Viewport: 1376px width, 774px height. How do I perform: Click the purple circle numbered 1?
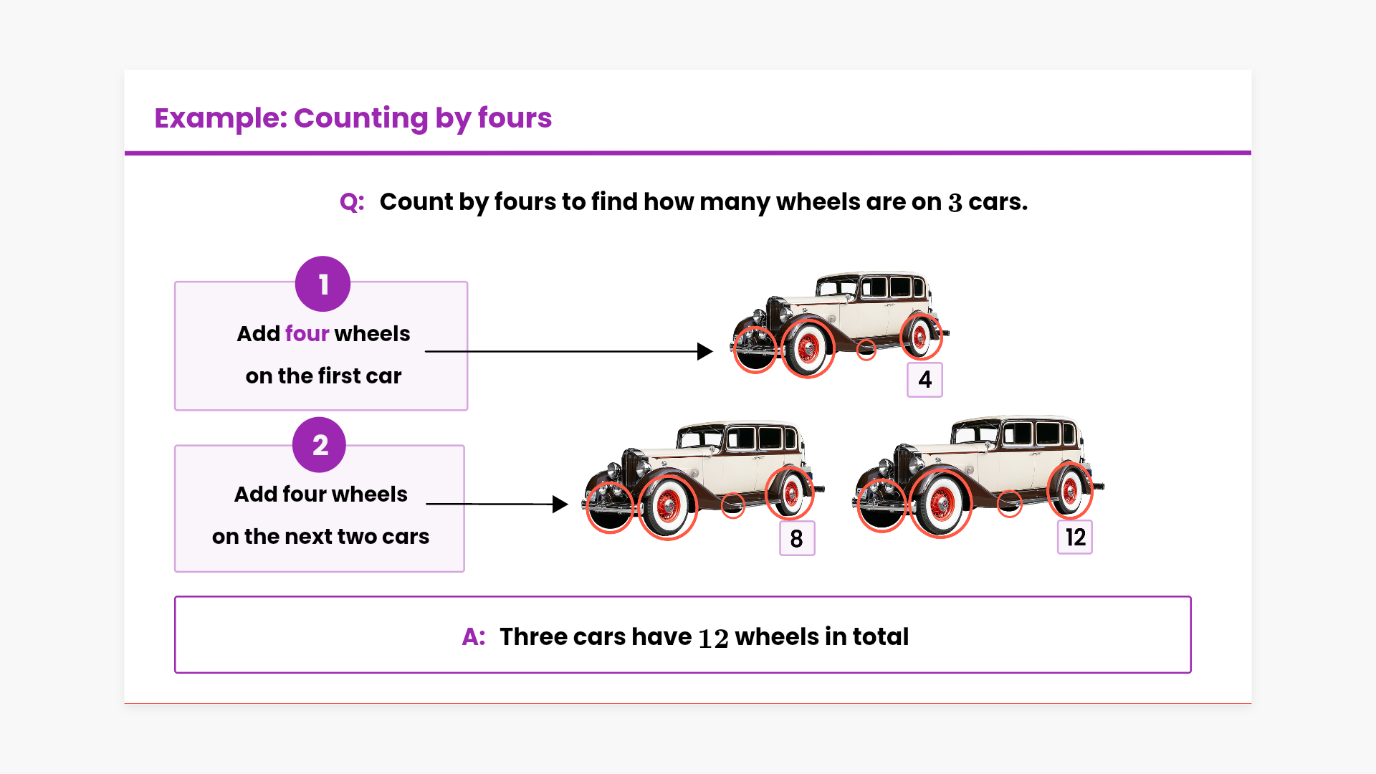coord(322,284)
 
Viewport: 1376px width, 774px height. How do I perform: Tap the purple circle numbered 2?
coord(320,445)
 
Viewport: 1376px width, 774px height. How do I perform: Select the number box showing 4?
coord(924,379)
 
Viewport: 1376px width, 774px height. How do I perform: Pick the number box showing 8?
coord(797,538)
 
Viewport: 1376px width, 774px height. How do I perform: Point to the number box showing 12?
coord(1075,537)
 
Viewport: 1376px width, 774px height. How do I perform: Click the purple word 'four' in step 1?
coord(307,333)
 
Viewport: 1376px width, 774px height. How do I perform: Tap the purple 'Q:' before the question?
coord(352,202)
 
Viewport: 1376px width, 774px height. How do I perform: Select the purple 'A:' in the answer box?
coord(474,636)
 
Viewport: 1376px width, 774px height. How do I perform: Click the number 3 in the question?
coord(955,203)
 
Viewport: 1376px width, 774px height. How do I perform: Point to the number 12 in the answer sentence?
coord(713,638)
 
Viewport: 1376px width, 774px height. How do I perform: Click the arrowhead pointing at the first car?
coord(705,351)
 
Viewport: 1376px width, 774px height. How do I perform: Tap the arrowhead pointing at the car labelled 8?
coord(560,505)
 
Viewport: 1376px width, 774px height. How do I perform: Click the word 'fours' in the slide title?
coord(515,118)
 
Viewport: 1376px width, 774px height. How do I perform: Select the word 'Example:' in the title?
coord(220,118)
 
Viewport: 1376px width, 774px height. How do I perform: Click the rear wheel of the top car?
coord(920,335)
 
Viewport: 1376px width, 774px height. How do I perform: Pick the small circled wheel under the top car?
coord(866,350)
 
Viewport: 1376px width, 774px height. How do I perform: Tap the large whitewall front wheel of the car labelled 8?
coord(667,507)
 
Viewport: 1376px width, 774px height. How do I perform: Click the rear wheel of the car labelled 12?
coord(1070,491)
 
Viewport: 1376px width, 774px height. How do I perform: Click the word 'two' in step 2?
coord(357,537)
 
